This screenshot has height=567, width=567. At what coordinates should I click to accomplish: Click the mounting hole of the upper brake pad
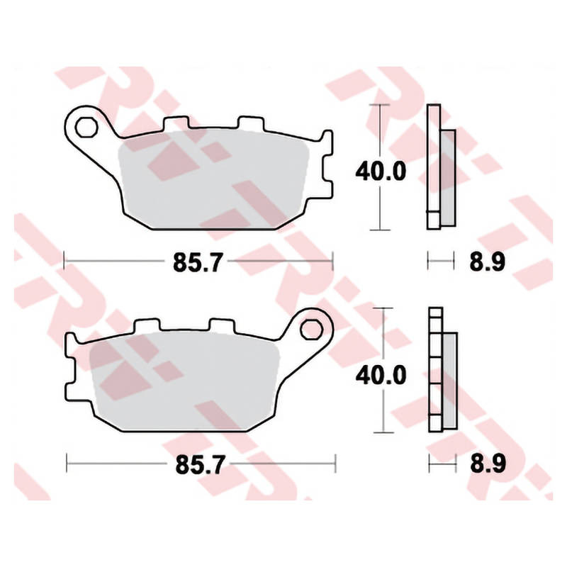(x=86, y=127)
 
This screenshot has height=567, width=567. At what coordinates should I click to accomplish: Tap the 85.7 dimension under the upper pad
(x=197, y=262)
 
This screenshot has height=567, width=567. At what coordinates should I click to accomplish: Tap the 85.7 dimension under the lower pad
(x=200, y=465)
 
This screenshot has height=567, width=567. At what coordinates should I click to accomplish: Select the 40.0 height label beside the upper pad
(x=381, y=171)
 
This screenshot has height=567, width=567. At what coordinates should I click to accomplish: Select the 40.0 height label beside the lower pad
(x=381, y=376)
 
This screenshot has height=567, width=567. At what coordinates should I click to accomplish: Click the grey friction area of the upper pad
(x=213, y=180)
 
